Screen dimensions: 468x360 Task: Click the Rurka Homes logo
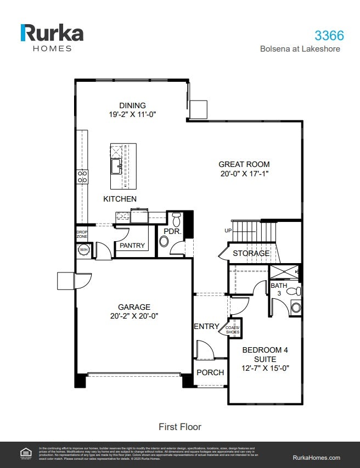[x=52, y=37]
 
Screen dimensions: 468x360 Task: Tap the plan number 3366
[x=329, y=35]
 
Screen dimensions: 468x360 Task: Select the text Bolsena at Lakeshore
[x=300, y=49]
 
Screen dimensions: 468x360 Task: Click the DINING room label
[x=132, y=105]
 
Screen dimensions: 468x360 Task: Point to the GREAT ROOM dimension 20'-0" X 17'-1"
[x=244, y=173]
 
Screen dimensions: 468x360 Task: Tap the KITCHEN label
[x=120, y=199]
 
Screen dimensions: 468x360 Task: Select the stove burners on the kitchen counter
[x=82, y=176]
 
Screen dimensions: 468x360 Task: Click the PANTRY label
[x=132, y=246]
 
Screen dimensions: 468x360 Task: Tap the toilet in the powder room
[x=176, y=220]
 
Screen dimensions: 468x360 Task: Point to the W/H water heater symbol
[x=84, y=249]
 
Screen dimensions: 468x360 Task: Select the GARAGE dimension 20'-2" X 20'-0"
[x=134, y=316]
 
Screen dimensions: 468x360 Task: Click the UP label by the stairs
[x=228, y=231]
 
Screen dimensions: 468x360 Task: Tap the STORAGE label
[x=251, y=253]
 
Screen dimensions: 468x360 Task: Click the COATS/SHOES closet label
[x=233, y=330]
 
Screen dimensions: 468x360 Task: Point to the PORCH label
[x=210, y=372]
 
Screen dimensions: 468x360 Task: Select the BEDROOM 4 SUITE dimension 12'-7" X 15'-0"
[x=266, y=368]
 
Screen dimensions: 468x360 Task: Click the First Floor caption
[x=179, y=427]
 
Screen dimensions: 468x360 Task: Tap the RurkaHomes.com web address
[x=317, y=457]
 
